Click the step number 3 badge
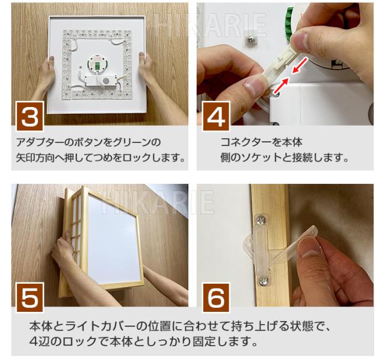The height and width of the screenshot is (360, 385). pyautogui.click(x=30, y=117)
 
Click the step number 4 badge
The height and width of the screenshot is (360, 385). pyautogui.click(x=216, y=117)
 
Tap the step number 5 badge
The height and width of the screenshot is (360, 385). pyautogui.click(x=30, y=297)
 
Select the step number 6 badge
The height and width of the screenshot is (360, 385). pyautogui.click(x=216, y=297)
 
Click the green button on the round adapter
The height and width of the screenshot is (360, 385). pyautogui.click(x=97, y=66)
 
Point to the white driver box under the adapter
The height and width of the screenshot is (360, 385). pyautogui.click(x=100, y=81)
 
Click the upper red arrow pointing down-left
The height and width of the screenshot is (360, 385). pyautogui.click(x=300, y=66)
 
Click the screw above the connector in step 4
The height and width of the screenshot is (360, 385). pyautogui.click(x=251, y=38)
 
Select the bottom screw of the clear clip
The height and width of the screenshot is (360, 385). pyautogui.click(x=263, y=280)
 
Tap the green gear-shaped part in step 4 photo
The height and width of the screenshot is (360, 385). pyautogui.click(x=289, y=24)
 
